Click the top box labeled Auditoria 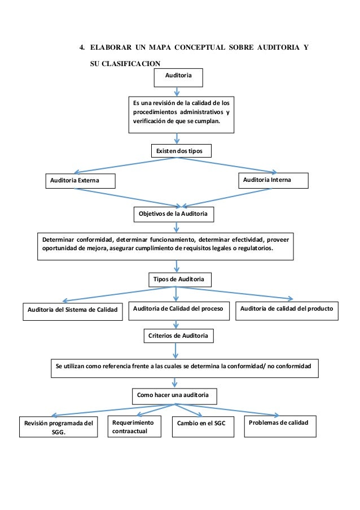[178, 78]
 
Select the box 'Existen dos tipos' [181, 151]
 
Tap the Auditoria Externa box [80, 181]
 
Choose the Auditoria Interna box [273, 181]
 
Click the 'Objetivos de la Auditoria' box [174, 215]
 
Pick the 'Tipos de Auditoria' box [180, 280]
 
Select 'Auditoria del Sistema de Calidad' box [73, 312]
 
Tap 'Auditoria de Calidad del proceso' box [179, 311]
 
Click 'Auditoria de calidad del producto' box [287, 311]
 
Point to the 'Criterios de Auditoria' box [179, 336]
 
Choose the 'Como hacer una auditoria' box [174, 396]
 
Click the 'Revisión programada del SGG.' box [59, 427]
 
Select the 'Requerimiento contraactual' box [134, 426]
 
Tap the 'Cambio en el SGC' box [203, 427]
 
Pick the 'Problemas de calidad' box [280, 426]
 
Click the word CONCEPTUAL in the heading [200, 47]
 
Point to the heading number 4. [82, 47]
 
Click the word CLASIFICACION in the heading [131, 63]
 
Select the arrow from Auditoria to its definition [177, 91]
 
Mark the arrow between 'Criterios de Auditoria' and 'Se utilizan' [175, 351]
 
